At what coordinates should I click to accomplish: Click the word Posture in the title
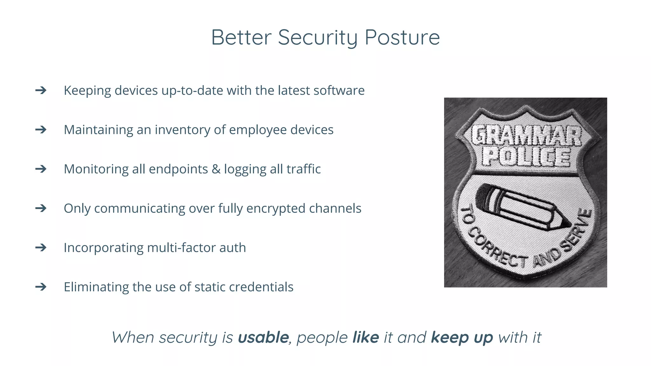pyautogui.click(x=402, y=38)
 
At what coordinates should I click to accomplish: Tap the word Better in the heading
pyautogui.click(x=241, y=38)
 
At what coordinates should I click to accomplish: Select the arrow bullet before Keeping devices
pyautogui.click(x=41, y=91)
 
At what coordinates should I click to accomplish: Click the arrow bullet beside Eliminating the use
pyautogui.click(x=41, y=287)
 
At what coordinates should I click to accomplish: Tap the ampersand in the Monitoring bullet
pyautogui.click(x=216, y=169)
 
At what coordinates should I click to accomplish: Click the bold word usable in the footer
pyautogui.click(x=263, y=337)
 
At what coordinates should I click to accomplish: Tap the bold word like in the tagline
pyautogui.click(x=366, y=337)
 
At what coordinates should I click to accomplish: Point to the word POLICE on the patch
pyautogui.click(x=526, y=157)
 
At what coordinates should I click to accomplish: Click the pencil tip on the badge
pyautogui.click(x=565, y=223)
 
